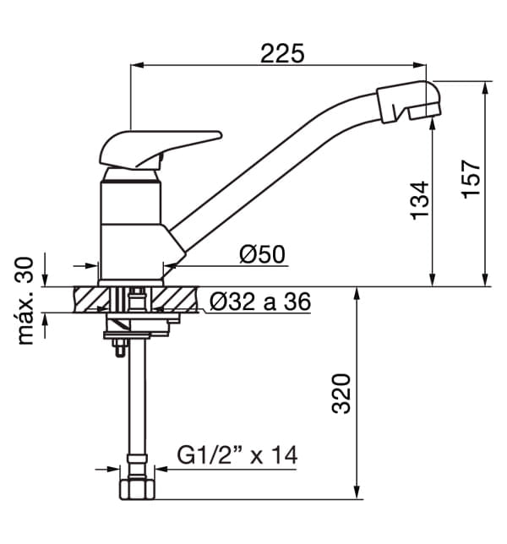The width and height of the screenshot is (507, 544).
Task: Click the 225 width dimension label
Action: click(282, 53)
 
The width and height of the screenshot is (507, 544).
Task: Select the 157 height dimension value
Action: click(471, 179)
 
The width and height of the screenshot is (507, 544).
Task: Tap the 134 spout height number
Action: click(420, 200)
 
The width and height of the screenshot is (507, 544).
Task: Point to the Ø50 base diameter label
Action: click(262, 254)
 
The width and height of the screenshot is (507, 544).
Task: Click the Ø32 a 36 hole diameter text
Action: click(260, 302)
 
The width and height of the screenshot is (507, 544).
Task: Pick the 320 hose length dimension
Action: click(341, 394)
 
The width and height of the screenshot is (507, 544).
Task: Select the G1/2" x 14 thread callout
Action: click(237, 454)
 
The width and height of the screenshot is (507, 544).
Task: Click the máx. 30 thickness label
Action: click(25, 301)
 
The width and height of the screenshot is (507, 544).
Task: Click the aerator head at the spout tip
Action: click(410, 101)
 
